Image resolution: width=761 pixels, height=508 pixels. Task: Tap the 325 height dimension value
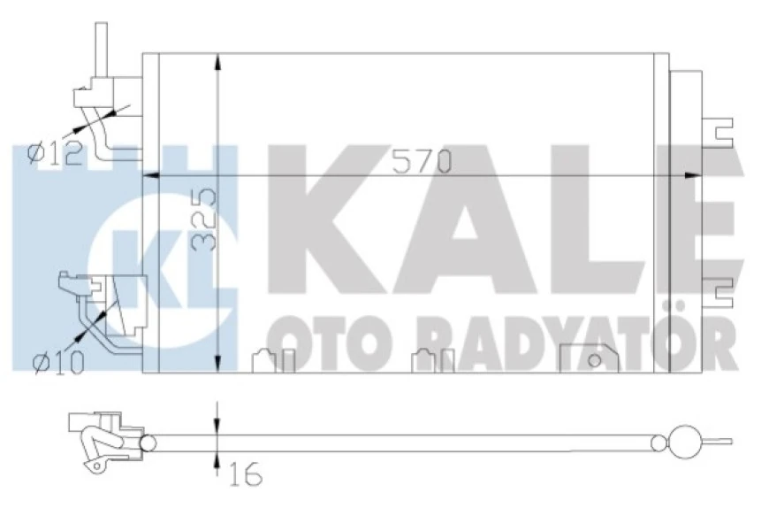point(205,222)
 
